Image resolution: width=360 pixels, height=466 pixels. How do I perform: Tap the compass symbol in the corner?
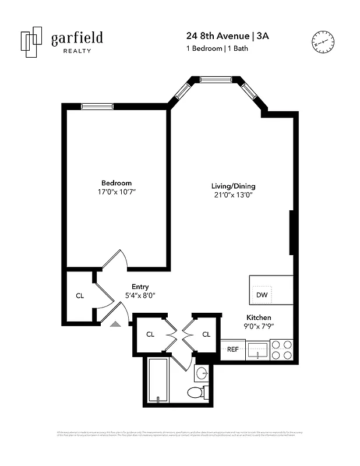tap(323, 41)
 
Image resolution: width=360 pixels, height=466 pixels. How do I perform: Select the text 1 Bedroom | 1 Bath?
tap(217, 48)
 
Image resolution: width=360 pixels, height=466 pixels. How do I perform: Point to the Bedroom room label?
tap(117, 183)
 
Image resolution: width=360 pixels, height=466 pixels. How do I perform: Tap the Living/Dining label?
tap(233, 186)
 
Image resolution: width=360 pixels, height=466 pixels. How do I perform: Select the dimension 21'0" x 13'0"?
tap(233, 195)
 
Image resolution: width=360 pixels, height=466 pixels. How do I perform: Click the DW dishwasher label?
tap(262, 295)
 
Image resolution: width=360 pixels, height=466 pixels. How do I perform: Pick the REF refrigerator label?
tap(232, 349)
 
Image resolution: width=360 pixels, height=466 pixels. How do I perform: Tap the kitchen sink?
tap(257, 350)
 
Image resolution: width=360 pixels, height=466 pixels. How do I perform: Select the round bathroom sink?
tap(202, 373)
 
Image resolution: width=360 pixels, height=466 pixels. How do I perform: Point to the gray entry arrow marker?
tap(116, 324)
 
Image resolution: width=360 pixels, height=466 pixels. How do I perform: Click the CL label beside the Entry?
tap(80, 295)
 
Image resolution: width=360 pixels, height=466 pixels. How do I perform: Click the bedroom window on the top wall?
tap(97, 106)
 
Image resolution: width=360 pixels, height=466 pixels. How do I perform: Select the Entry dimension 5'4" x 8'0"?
tap(140, 295)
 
